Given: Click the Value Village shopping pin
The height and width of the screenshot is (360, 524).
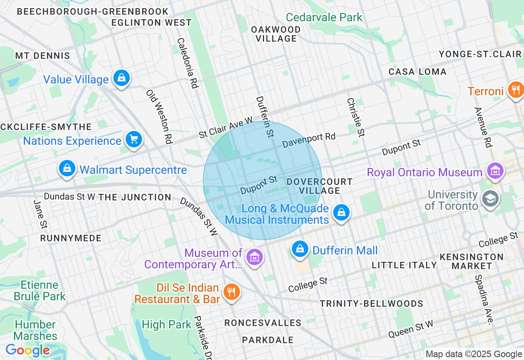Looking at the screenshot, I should click(122, 77).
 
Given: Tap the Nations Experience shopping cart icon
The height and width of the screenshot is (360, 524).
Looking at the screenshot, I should click(133, 139).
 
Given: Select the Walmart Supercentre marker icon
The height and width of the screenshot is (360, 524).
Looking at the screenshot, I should click(67, 168).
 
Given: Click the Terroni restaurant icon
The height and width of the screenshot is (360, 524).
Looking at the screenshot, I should click(515, 89).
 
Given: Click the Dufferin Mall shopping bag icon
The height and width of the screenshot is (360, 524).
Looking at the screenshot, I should click(300, 249).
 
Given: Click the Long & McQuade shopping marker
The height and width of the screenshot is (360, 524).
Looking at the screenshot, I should click(341, 212).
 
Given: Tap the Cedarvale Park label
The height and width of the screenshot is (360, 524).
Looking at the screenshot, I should click(324, 17).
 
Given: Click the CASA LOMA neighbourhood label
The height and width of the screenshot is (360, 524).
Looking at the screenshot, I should click(417, 72).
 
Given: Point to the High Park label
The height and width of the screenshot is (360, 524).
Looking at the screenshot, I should click(166, 325).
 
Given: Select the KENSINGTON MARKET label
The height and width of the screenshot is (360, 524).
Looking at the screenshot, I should click(472, 261).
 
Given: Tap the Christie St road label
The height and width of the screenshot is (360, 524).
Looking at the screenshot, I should click(355, 117).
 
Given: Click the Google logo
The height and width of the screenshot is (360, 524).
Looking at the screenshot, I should click(27, 351).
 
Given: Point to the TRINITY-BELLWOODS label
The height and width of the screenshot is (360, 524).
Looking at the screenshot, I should click(371, 304).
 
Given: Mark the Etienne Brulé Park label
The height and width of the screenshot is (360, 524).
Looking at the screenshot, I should click(39, 290).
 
